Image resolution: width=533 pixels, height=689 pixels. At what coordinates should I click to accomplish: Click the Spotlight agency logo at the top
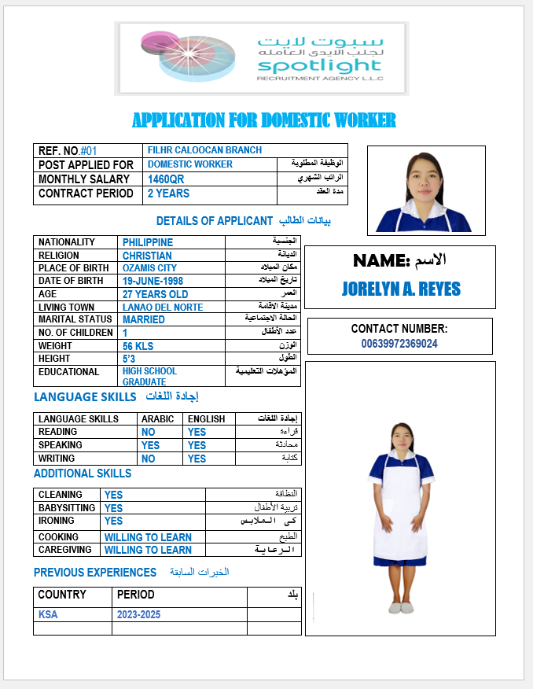point(261,57)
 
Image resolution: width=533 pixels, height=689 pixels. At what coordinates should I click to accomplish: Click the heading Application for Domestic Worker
point(264,120)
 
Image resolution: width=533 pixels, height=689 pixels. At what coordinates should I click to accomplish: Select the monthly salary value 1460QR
point(166,179)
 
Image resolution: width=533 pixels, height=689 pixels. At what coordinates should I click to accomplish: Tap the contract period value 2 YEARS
point(168,193)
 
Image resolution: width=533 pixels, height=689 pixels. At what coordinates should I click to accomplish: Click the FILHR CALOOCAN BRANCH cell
point(204,150)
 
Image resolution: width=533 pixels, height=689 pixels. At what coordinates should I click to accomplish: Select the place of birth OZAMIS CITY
point(149,268)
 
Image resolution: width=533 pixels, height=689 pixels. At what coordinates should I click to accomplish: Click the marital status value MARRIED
point(144,320)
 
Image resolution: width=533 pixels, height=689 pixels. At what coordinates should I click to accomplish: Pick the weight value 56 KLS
point(138,346)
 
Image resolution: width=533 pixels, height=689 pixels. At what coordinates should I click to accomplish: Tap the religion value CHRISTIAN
point(147,256)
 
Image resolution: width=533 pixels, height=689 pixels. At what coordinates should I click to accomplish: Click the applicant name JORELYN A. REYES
point(401,289)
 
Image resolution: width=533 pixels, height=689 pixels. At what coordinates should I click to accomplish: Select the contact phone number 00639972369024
point(399,344)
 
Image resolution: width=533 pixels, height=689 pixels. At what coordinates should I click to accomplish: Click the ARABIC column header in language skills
point(158,419)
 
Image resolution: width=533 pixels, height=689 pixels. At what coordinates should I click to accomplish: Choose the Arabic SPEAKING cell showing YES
point(150,445)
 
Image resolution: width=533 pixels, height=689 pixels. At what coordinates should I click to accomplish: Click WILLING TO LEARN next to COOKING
point(148,537)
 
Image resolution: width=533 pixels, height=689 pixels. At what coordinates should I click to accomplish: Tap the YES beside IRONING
point(114,521)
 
